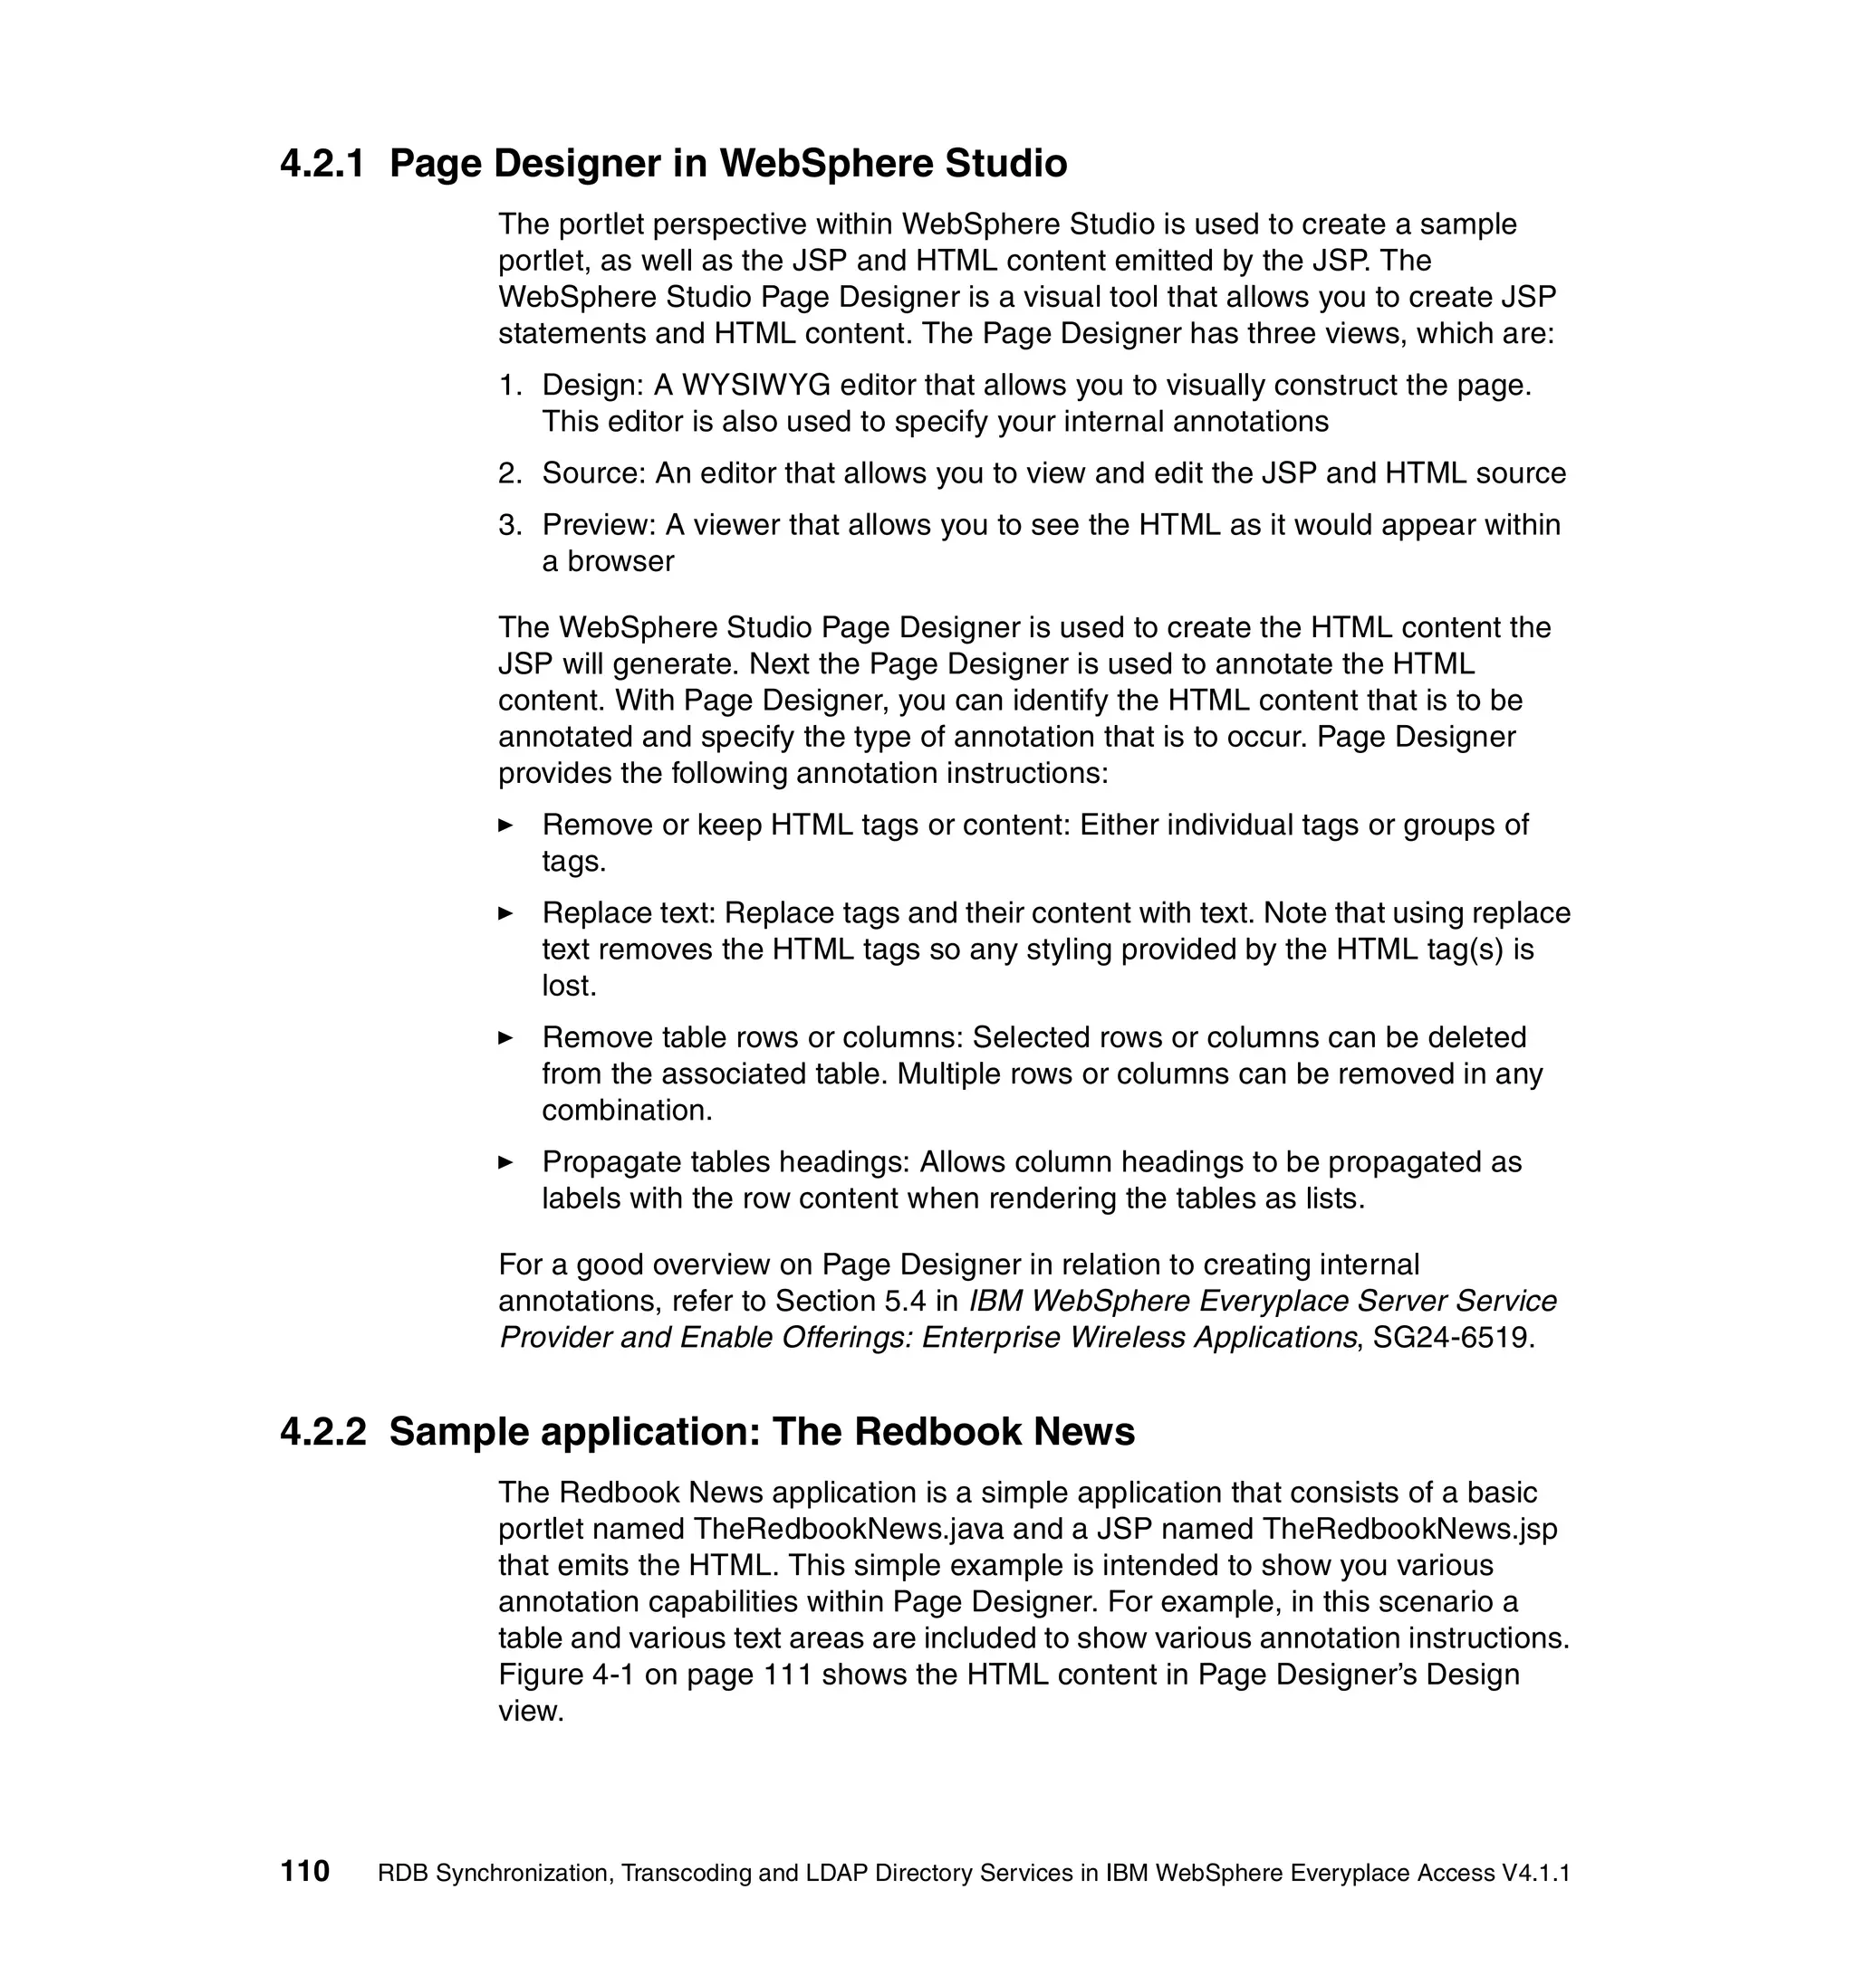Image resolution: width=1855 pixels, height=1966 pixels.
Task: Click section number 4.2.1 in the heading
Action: pos(322,164)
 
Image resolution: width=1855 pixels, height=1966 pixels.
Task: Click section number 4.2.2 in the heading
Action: pos(322,1432)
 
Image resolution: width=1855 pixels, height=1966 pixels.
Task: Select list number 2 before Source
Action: pos(510,473)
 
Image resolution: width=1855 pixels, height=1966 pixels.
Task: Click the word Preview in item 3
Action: pos(599,525)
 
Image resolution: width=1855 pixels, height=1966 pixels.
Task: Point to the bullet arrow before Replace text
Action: pos(505,912)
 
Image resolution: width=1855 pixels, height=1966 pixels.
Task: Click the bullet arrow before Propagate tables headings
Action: pos(505,1162)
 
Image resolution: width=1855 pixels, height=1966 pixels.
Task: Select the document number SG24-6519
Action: pos(1452,1338)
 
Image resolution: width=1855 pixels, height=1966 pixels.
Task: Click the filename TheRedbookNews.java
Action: pos(848,1529)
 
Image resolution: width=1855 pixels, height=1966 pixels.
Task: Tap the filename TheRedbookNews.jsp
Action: pos(1409,1529)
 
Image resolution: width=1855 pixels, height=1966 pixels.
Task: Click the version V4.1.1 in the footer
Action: pos(1535,1873)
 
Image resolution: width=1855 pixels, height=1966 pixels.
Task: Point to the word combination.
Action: pos(627,1111)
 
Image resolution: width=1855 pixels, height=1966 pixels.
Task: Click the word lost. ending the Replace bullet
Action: pos(569,986)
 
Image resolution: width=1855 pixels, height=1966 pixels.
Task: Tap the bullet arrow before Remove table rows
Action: pos(505,1037)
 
